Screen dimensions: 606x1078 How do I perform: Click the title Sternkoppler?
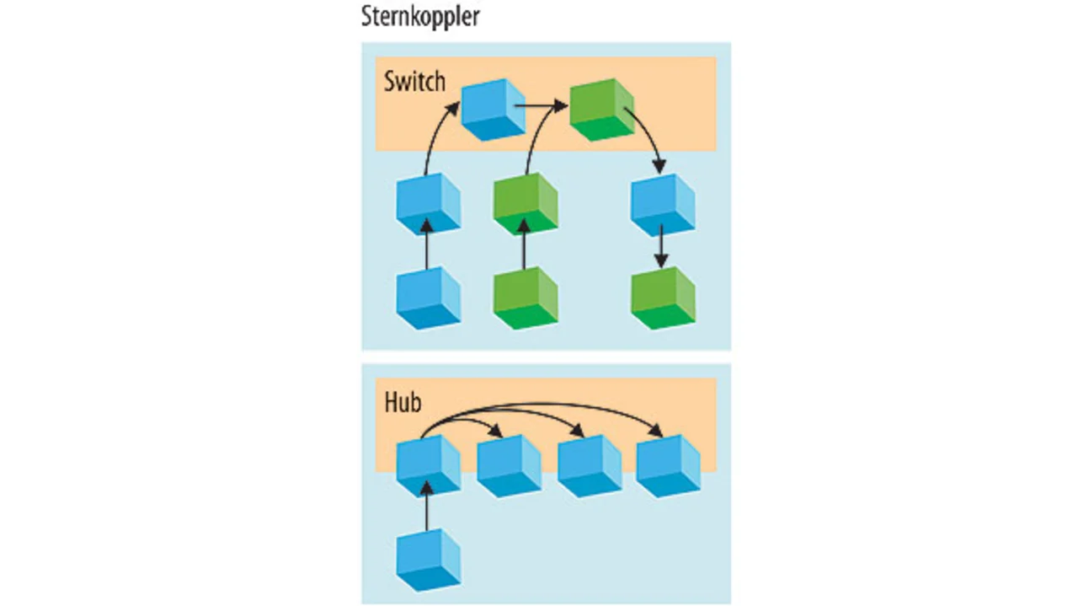419,17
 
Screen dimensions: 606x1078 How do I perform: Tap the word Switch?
414,83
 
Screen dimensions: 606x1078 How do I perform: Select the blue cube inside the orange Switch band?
494,109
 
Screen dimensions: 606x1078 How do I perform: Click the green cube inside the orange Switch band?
601,109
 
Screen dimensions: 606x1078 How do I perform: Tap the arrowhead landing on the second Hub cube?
499,432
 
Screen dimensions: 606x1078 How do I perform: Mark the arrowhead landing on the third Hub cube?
579,432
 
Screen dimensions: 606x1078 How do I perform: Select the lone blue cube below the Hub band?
429,559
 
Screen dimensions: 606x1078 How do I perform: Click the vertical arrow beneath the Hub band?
428,505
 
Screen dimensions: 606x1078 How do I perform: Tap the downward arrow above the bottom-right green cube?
663,246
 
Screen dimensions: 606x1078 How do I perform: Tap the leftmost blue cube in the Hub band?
429,466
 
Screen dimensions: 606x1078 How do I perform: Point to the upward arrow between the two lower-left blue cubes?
428,244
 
